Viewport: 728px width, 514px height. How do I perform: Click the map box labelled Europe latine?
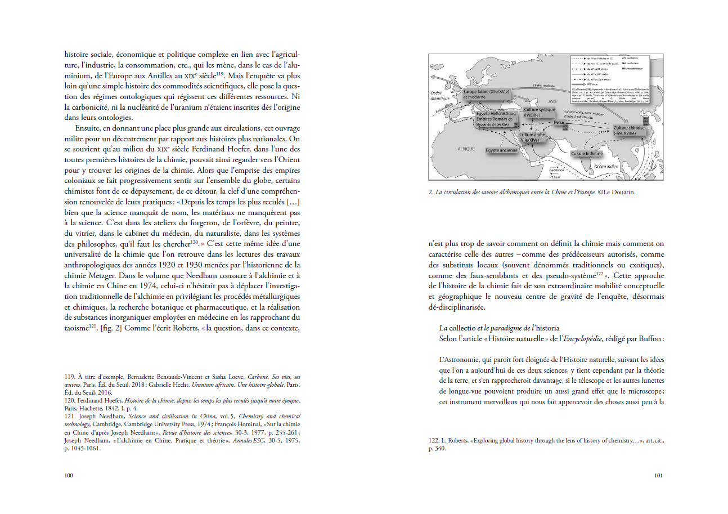pyautogui.click(x=486, y=94)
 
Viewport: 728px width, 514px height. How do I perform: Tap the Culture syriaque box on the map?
pyautogui.click(x=539, y=111)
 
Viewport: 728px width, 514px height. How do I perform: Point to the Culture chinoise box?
pyautogui.click(x=629, y=131)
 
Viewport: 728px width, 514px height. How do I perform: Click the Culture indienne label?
pyautogui.click(x=587, y=153)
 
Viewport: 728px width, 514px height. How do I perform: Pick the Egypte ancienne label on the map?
pyautogui.click(x=501, y=151)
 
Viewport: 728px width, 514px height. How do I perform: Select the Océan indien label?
pyautogui.click(x=608, y=166)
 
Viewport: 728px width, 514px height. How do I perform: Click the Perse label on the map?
pyautogui.click(x=558, y=122)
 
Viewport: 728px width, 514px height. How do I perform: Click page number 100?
pyautogui.click(x=69, y=475)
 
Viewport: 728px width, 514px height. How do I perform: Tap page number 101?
pyautogui.click(x=658, y=475)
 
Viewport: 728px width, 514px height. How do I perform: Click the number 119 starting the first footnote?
pyautogui.click(x=69, y=377)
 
